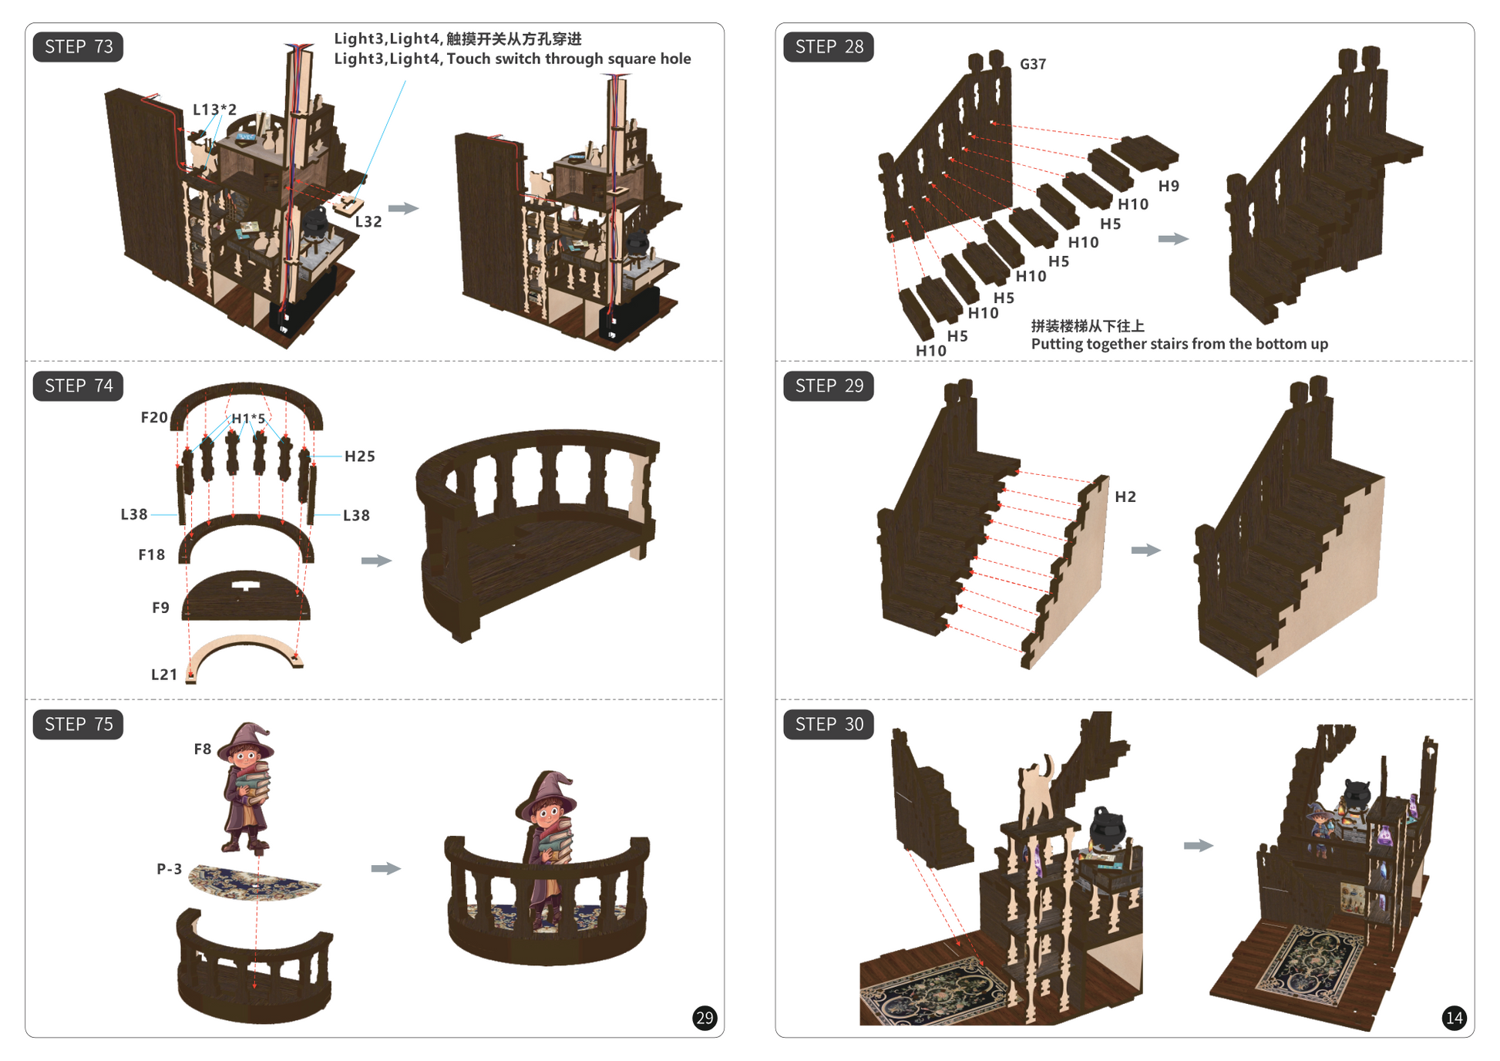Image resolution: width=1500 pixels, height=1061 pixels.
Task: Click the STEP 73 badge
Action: (x=78, y=47)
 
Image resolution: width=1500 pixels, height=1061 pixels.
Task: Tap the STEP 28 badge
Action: (x=829, y=47)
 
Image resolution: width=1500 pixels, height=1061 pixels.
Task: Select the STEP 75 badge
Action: (x=78, y=724)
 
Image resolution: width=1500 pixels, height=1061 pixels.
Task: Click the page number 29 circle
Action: (x=705, y=1018)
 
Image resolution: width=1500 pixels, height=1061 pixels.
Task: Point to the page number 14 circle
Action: (x=1454, y=1018)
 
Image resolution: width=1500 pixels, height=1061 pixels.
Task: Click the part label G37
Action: (x=1033, y=64)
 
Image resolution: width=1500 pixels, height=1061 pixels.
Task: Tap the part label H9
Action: (x=1169, y=186)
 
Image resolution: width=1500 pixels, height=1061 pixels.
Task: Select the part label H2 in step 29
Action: (x=1125, y=497)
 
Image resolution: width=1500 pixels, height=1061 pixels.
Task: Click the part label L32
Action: (x=368, y=222)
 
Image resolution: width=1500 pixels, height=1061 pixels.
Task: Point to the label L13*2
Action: (x=214, y=109)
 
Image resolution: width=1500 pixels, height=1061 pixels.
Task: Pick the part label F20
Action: (x=154, y=417)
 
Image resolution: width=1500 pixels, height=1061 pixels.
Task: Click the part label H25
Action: (x=360, y=456)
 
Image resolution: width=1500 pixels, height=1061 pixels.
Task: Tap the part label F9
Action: (x=160, y=608)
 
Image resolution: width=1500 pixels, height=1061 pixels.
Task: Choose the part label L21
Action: (x=164, y=675)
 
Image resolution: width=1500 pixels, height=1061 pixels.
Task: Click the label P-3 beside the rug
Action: (x=170, y=869)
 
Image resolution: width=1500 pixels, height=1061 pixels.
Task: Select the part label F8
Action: (x=203, y=749)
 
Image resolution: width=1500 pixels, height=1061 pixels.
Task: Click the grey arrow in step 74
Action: (x=377, y=561)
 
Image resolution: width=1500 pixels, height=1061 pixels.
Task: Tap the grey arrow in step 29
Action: (x=1146, y=550)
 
